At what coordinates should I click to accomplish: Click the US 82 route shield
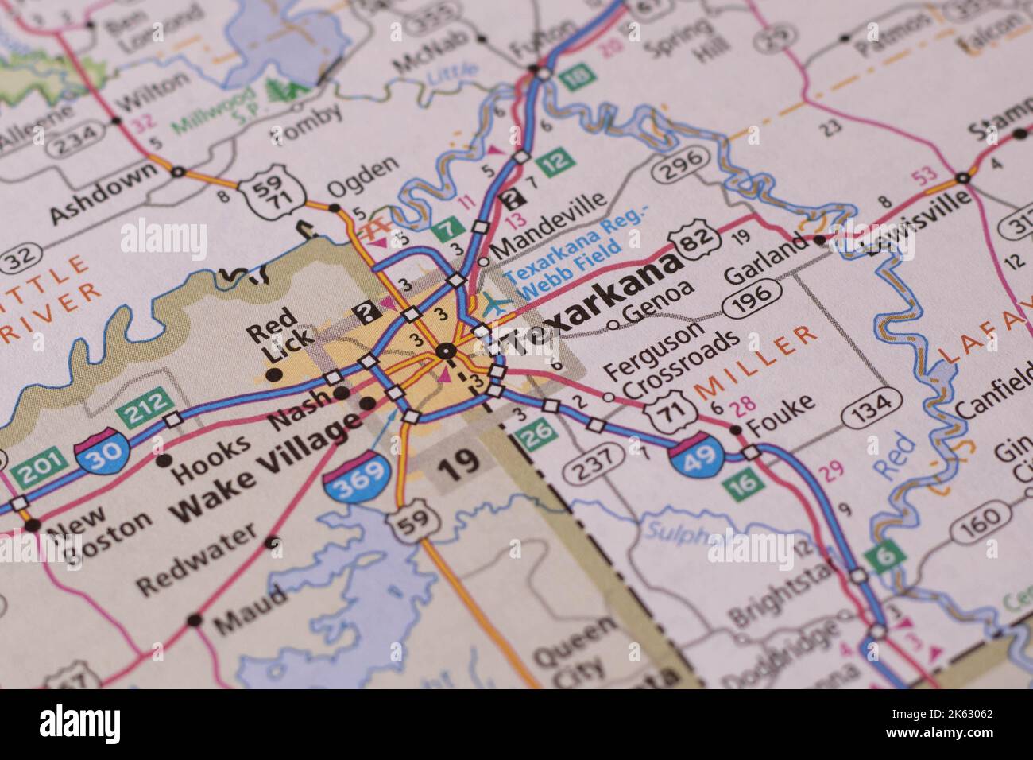click(x=694, y=241)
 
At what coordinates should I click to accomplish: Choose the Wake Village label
click(x=262, y=471)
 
